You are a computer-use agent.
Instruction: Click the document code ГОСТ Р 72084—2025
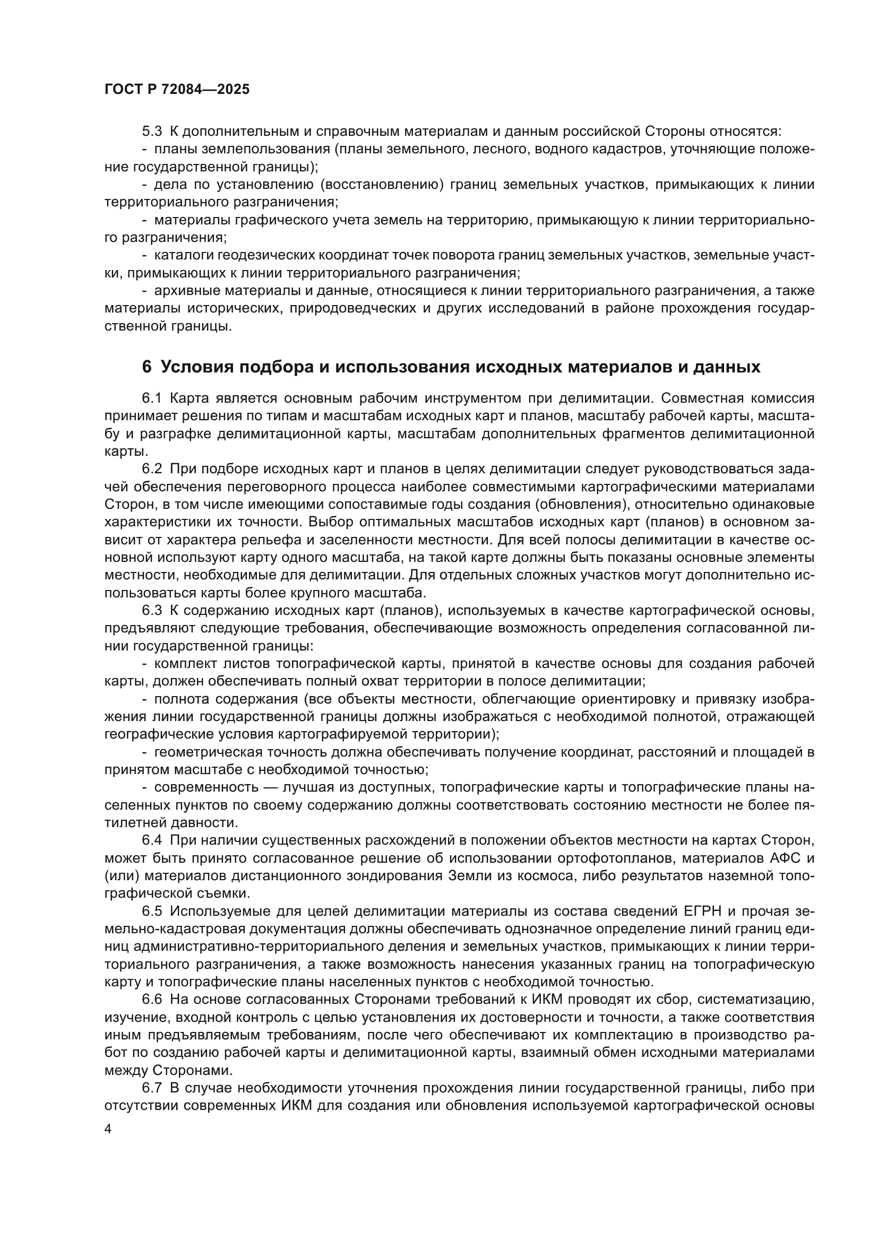(x=177, y=90)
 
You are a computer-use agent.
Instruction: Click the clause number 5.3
(x=152, y=132)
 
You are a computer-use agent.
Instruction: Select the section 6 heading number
(x=147, y=367)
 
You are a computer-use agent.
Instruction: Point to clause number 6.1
(x=152, y=398)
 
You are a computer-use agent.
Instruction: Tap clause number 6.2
(x=152, y=469)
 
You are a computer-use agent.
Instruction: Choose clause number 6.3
(x=152, y=611)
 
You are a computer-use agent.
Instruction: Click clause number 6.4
(x=152, y=840)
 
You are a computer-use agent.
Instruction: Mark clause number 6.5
(x=152, y=912)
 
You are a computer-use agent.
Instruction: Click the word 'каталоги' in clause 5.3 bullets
(x=178, y=255)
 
